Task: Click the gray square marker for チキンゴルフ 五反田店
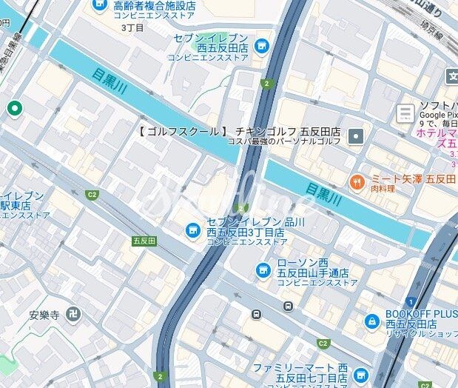(x=357, y=136)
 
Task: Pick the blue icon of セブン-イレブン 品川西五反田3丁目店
(x=192, y=231)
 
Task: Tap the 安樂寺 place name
(x=44, y=315)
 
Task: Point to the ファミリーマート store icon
(x=360, y=374)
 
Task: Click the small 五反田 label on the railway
(x=144, y=241)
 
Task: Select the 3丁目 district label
(x=132, y=27)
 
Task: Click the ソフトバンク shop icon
(x=405, y=113)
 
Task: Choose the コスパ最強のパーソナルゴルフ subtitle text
(x=285, y=141)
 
